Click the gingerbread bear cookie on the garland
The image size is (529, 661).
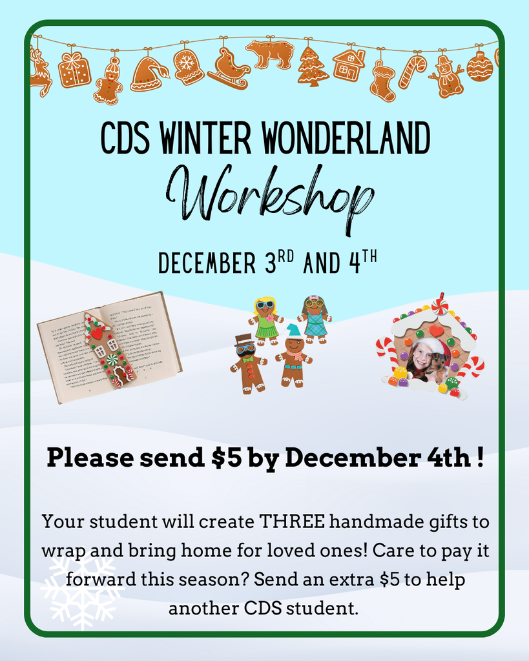coord(269,53)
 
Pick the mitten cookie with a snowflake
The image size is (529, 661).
coord(189,66)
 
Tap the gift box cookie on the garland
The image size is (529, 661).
coord(74,70)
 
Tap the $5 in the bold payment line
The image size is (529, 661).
coord(227,458)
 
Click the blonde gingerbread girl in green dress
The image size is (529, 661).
coord(265,318)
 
